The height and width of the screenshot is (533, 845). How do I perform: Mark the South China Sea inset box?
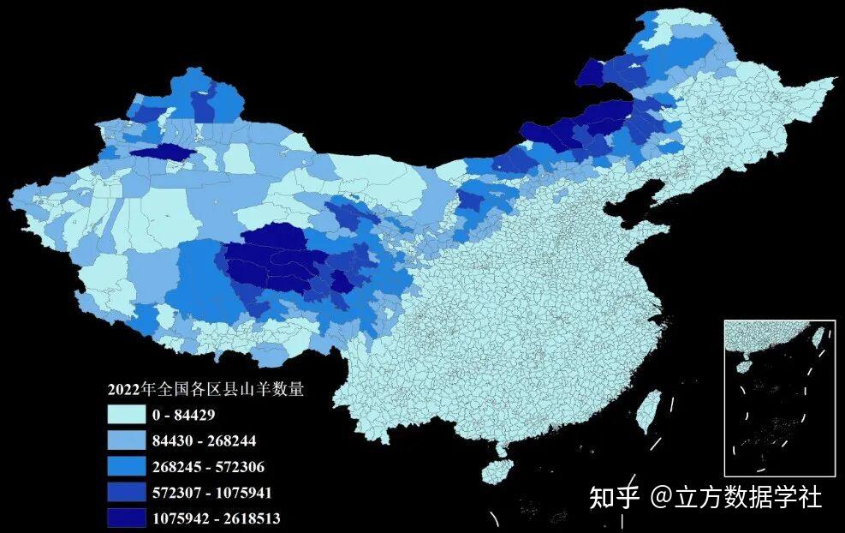(x=779, y=398)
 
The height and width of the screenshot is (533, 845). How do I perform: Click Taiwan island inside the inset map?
(x=818, y=336)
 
